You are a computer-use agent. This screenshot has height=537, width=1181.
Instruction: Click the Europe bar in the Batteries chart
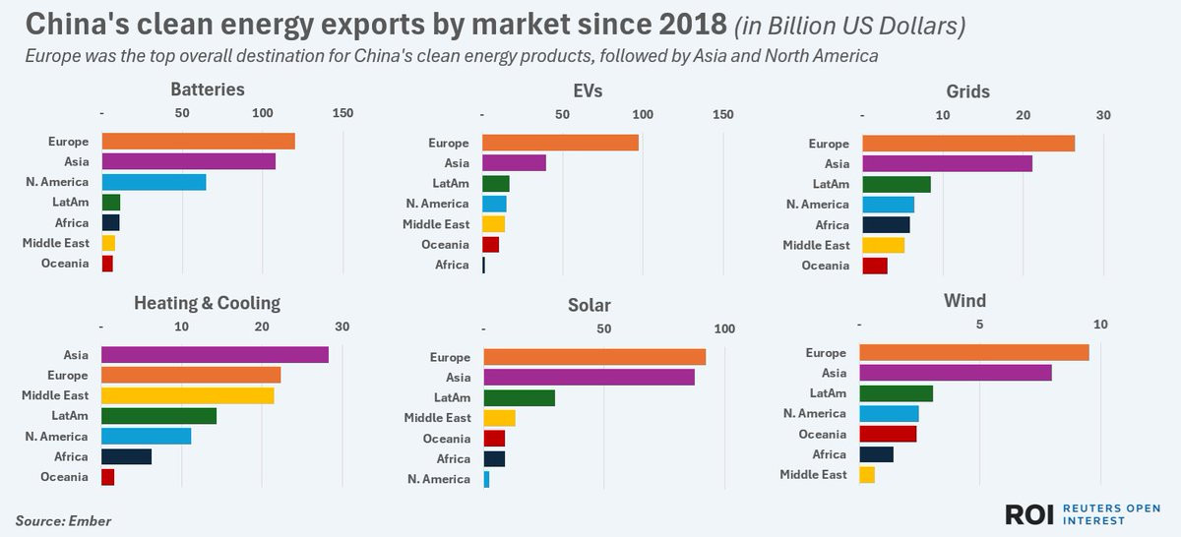point(198,142)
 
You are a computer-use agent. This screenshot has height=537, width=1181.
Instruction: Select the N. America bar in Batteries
point(154,182)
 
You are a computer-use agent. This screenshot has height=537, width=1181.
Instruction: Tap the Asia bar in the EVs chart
point(514,163)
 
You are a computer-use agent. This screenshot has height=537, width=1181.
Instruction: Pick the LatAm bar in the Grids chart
point(896,184)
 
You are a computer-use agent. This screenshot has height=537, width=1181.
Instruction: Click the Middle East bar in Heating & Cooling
point(187,395)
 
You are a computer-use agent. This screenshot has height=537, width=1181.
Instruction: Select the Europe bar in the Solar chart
point(594,357)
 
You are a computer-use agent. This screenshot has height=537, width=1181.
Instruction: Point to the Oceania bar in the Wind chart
point(888,434)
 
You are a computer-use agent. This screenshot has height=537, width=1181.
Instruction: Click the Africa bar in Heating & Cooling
point(126,456)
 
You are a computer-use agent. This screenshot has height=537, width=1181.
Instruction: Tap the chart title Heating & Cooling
point(207,303)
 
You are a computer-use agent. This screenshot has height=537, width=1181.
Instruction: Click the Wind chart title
point(963,300)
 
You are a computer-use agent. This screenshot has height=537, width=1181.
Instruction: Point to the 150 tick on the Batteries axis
point(342,114)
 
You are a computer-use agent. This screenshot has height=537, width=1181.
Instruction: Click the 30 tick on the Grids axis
point(1102,116)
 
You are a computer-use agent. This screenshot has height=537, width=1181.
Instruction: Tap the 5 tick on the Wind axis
point(979,325)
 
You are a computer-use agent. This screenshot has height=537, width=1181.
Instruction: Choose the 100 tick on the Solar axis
point(723,328)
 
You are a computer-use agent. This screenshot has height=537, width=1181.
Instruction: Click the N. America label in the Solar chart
point(439,479)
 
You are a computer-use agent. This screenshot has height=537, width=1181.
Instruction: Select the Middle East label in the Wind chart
point(813,475)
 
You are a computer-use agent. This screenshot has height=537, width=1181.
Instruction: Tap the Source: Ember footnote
point(63,520)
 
